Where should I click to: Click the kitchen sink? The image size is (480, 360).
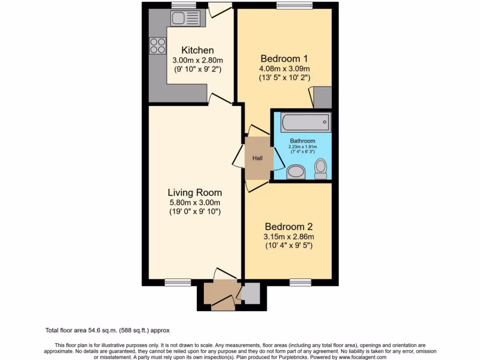[185, 18]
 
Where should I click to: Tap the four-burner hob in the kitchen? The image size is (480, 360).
[157, 45]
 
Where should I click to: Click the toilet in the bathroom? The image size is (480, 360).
[321, 169]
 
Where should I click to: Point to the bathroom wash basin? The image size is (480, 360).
[295, 172]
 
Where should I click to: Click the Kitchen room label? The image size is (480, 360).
[197, 50]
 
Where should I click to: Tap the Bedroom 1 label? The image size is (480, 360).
[284, 59]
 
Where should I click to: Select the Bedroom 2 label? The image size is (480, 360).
[288, 225]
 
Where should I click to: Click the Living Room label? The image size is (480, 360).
[195, 192]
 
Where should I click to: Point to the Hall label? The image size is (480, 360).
[257, 158]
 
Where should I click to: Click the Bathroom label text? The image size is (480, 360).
[302, 141]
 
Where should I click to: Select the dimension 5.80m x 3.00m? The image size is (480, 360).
[195, 202]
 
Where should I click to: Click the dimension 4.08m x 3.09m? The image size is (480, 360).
[284, 68]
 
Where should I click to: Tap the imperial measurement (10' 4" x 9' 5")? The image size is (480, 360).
[288, 245]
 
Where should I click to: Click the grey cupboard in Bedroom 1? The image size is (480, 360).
[322, 97]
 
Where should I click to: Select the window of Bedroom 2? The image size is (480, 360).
[297, 282]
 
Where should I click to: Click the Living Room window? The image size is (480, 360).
[178, 282]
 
